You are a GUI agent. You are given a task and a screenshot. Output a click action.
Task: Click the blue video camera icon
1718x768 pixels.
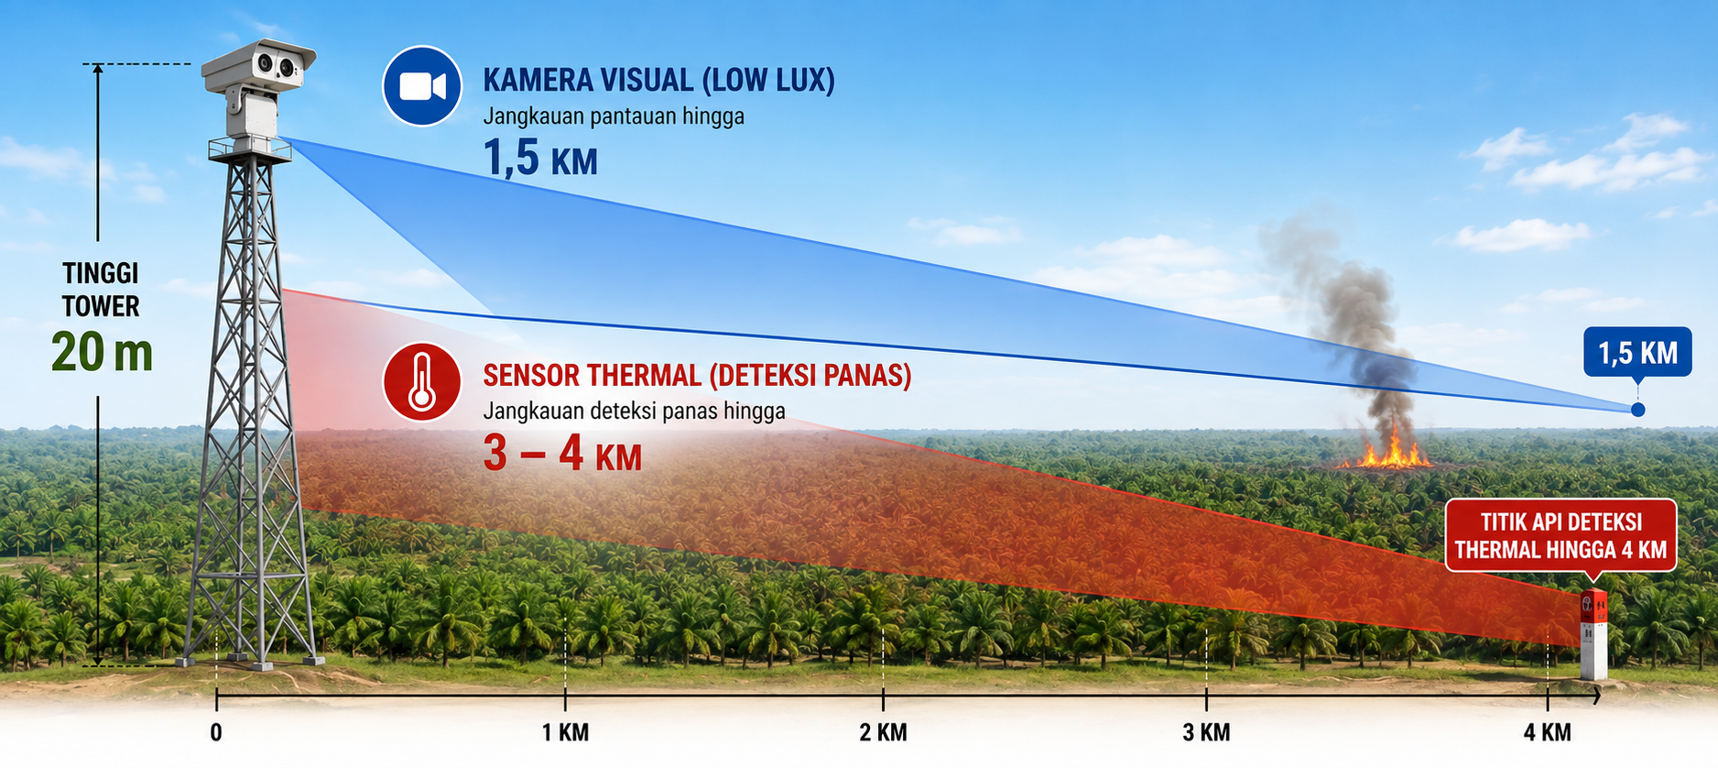(x=421, y=86)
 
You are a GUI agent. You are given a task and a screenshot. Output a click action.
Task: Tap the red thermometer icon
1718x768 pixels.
(x=421, y=382)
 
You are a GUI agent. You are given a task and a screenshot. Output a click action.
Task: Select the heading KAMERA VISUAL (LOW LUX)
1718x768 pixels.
(x=658, y=80)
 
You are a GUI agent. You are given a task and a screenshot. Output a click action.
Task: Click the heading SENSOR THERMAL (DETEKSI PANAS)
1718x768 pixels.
(x=697, y=376)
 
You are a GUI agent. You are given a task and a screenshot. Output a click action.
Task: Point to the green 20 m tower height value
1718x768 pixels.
(x=102, y=352)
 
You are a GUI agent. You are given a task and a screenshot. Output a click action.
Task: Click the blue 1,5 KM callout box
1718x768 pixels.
(x=1637, y=353)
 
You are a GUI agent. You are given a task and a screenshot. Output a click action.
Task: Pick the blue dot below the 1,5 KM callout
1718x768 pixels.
(x=1637, y=410)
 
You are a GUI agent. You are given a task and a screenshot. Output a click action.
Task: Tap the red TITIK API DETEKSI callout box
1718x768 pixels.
(x=1560, y=536)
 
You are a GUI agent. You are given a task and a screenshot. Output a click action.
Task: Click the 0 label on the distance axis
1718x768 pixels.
(x=216, y=732)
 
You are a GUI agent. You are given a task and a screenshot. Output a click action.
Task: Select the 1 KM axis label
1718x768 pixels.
(x=565, y=732)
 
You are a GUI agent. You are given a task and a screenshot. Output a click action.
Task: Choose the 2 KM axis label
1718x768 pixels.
(x=883, y=732)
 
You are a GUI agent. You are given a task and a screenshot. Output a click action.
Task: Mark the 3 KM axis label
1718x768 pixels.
(x=1206, y=732)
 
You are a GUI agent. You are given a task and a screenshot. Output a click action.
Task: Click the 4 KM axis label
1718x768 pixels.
(x=1547, y=732)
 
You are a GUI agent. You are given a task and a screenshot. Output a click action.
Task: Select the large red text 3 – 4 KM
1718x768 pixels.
(x=562, y=453)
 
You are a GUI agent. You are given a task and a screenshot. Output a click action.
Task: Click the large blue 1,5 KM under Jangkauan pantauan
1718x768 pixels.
(x=540, y=158)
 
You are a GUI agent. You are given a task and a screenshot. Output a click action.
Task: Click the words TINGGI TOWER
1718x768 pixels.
(x=101, y=290)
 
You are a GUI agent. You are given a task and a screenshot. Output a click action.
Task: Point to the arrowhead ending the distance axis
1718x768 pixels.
(x=1595, y=696)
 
